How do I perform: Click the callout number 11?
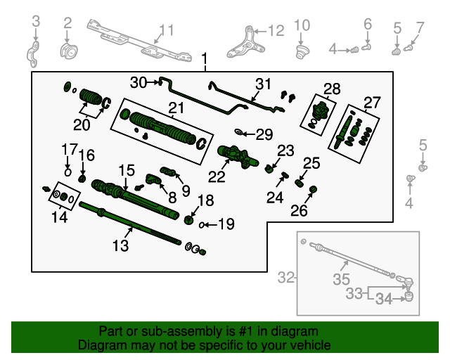(166, 30)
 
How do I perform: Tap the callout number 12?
(276, 30)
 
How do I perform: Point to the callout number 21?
(176, 108)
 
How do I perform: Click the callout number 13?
(121, 245)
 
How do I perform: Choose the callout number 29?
(264, 134)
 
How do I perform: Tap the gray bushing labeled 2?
(68, 51)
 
